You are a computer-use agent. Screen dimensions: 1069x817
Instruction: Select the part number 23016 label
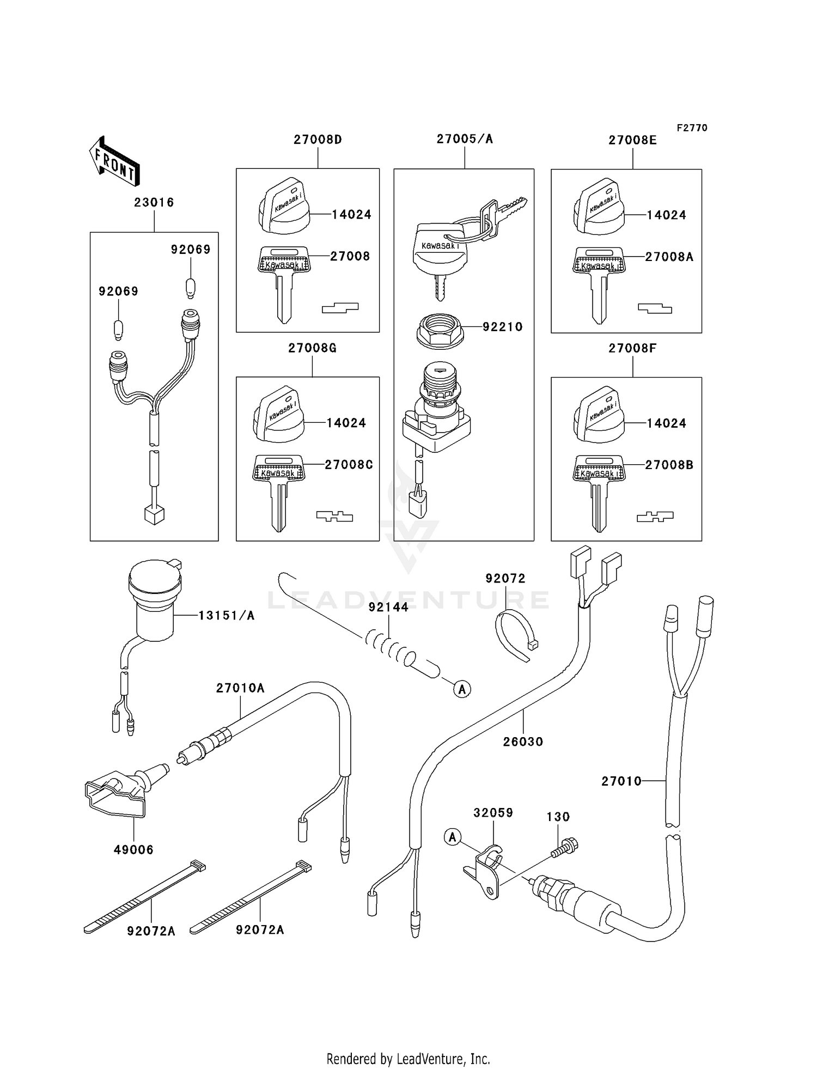(154, 203)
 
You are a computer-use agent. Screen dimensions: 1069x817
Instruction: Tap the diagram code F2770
(692, 128)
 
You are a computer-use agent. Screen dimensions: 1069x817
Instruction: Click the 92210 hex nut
(440, 330)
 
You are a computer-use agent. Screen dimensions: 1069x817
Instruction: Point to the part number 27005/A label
(464, 139)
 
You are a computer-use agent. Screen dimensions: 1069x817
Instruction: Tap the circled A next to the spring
(462, 689)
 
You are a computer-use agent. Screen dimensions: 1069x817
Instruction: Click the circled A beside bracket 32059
(453, 836)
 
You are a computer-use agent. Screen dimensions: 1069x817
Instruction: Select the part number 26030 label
(523, 742)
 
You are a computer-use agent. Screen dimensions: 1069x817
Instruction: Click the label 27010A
(240, 688)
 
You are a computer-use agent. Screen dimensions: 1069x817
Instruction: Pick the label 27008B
(669, 465)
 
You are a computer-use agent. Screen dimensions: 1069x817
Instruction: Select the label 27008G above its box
(312, 348)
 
